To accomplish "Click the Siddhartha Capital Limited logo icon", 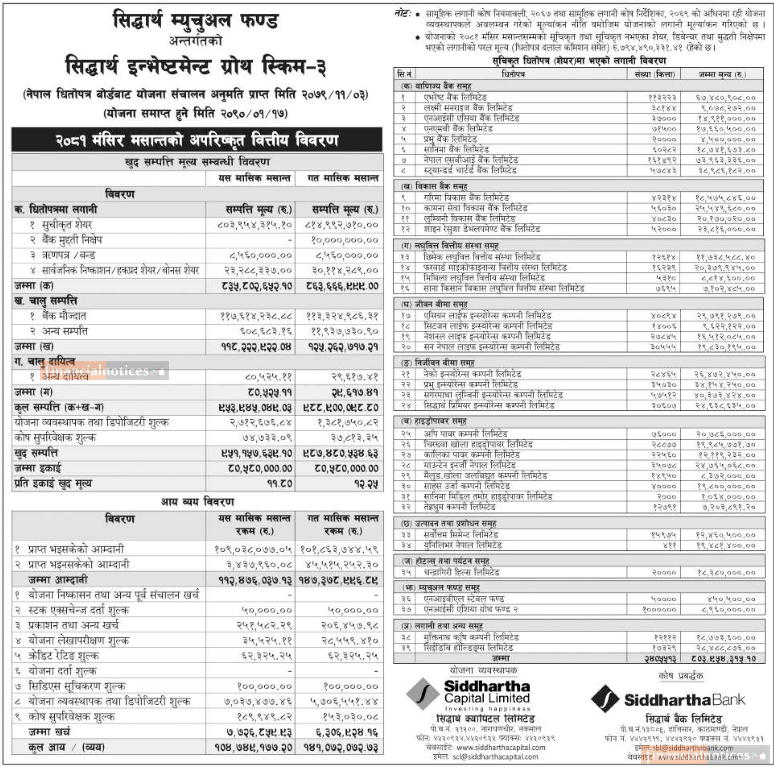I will point(422,694).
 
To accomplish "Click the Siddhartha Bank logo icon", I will point(605,699).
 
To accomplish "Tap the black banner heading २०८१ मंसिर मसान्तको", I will point(197,140).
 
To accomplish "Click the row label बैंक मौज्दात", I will point(64,316).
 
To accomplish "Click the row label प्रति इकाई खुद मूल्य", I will point(53,483).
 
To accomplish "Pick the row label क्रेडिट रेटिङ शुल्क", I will point(64,656).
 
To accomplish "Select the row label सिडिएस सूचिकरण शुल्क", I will point(76,686).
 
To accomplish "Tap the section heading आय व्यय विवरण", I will point(197,502).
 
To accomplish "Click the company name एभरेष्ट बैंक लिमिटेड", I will point(455,97).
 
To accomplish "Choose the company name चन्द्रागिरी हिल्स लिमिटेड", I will point(461,572).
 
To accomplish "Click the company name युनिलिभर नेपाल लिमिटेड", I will point(463,545).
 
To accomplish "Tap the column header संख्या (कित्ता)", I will point(655,74).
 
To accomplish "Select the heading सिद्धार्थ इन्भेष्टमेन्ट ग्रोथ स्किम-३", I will point(196,66).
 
